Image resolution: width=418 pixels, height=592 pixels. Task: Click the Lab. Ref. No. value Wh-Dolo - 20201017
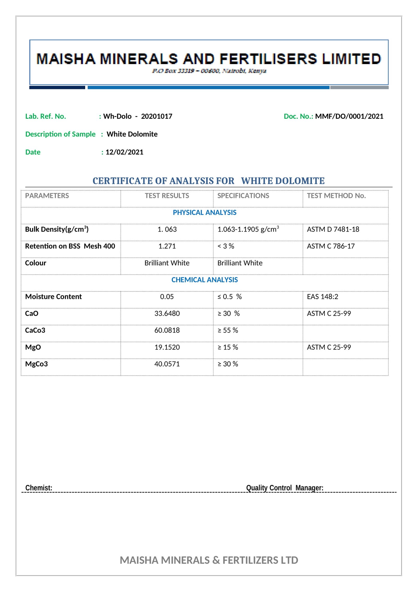tap(138, 116)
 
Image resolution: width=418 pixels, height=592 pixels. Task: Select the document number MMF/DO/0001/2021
tap(349, 116)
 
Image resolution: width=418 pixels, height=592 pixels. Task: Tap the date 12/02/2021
tap(124, 152)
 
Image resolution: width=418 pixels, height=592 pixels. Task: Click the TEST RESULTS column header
tap(167, 196)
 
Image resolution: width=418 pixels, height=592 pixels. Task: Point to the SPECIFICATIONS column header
tap(243, 196)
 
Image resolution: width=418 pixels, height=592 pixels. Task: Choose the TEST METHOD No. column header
tap(336, 196)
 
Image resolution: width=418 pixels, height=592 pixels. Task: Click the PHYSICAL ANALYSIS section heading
tap(205, 213)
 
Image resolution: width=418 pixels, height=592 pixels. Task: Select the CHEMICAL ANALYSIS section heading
tap(205, 280)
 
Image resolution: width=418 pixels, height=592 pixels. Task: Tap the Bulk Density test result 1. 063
tap(167, 229)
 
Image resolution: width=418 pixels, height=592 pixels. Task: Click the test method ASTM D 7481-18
tap(333, 229)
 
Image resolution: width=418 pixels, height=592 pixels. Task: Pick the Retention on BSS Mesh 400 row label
tap(70, 246)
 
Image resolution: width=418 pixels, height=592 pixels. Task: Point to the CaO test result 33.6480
tap(167, 313)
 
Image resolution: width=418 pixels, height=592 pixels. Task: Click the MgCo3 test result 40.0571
tap(167, 364)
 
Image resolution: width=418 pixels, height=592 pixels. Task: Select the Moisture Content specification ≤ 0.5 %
tap(229, 297)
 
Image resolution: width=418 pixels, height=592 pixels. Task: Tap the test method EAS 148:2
tap(322, 297)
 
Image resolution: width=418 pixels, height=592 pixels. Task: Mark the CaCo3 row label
tap(35, 330)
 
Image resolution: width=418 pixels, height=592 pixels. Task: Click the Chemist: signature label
tap(39, 488)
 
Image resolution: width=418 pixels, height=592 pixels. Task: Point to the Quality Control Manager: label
tap(285, 488)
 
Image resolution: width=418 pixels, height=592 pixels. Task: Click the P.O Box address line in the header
tap(209, 71)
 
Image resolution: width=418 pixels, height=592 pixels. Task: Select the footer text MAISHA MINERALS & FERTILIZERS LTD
tap(209, 560)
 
